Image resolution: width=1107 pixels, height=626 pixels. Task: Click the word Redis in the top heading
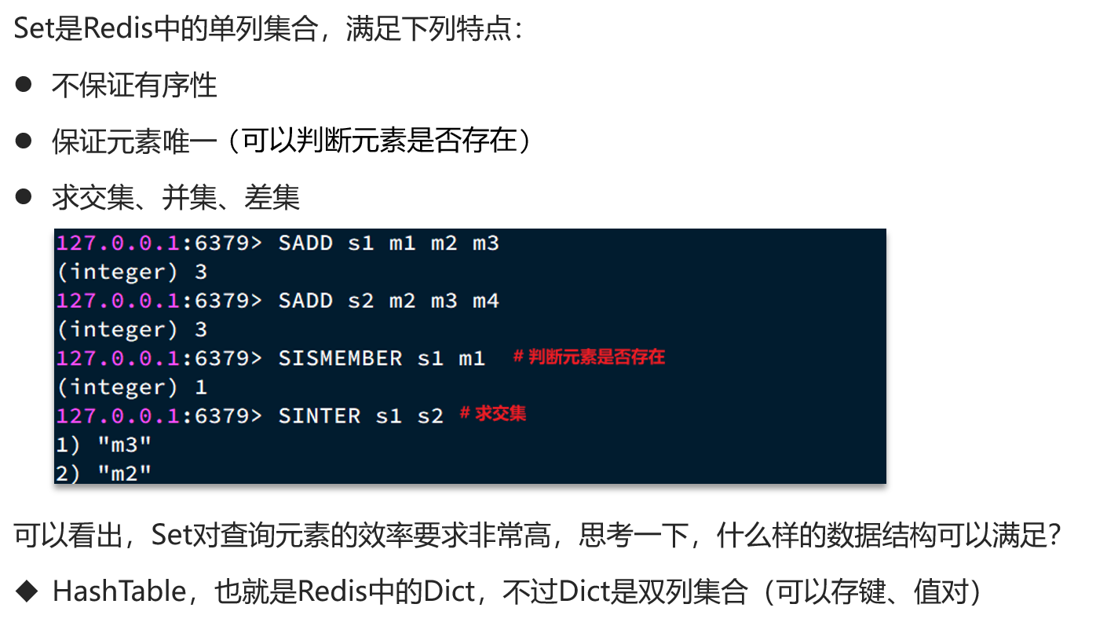click(118, 27)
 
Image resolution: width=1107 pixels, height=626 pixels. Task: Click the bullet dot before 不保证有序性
click(24, 84)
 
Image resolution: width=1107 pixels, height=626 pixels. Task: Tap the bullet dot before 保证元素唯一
click(24, 141)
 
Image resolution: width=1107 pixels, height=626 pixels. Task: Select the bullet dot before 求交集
click(24, 196)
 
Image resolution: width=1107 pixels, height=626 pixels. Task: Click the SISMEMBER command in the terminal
click(341, 358)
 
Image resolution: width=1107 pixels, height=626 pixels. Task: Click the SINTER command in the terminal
click(320, 416)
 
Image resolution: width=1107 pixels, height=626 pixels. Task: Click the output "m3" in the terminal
click(125, 445)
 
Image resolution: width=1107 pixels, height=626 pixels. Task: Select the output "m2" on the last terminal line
click(125, 473)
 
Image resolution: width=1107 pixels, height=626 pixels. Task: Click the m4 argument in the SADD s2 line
click(486, 301)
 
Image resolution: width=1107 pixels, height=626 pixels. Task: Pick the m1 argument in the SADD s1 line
click(402, 243)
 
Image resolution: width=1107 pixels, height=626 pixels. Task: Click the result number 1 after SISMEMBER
click(201, 387)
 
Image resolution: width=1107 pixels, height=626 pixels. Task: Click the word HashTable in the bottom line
click(119, 591)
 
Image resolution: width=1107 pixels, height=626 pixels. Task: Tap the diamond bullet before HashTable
click(26, 591)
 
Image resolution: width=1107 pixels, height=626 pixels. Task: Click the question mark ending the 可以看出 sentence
click(1054, 535)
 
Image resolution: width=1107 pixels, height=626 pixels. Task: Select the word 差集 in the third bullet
click(272, 197)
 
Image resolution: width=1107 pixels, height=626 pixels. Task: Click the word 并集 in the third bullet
click(190, 197)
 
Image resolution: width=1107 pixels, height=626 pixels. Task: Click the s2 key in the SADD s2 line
click(361, 301)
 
